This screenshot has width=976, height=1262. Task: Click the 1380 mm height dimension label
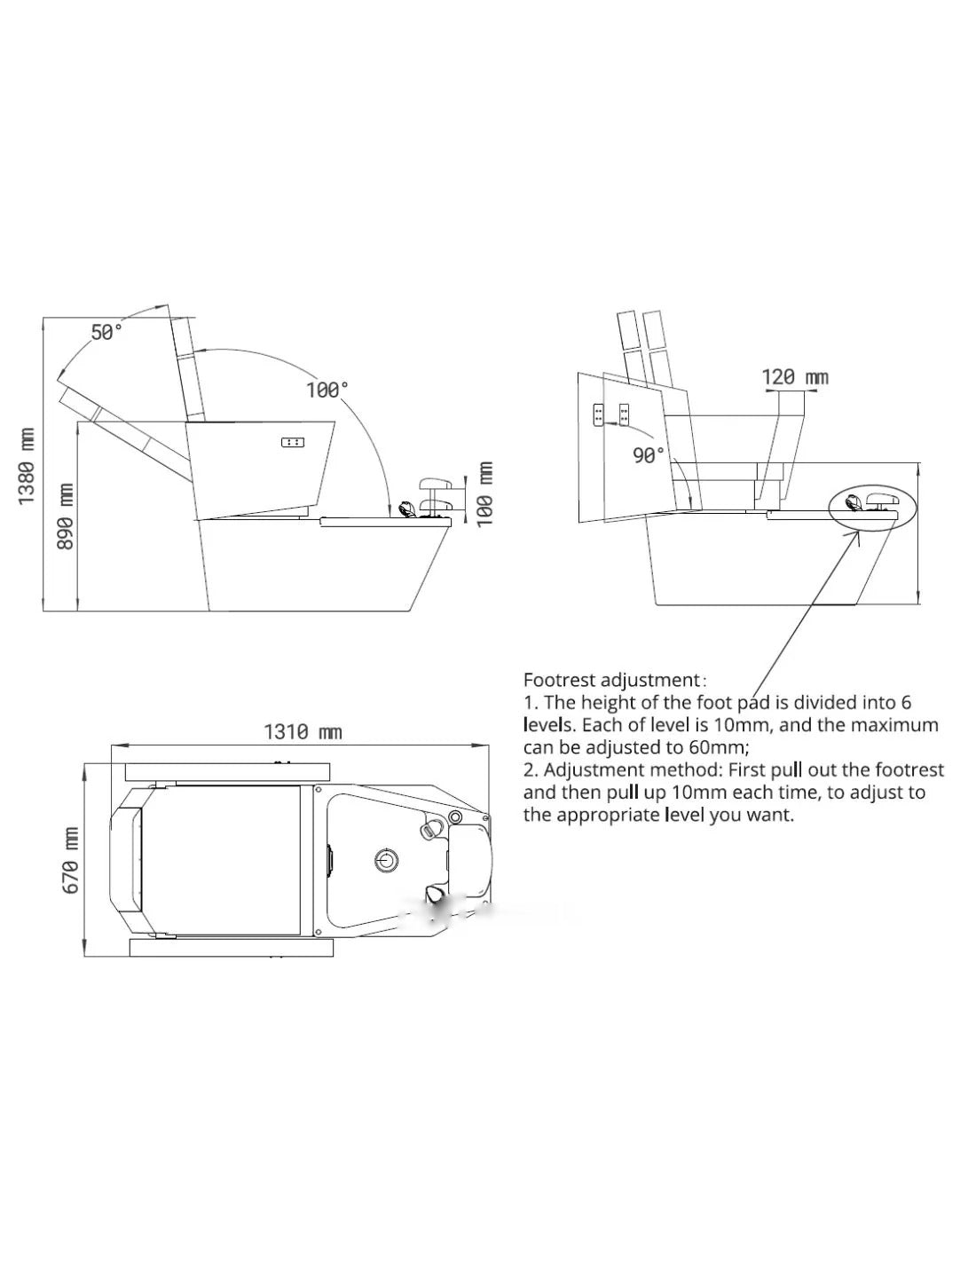pos(27,466)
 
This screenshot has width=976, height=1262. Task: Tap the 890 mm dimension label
pos(66,517)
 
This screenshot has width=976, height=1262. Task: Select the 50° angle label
pos(107,333)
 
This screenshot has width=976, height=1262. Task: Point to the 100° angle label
pos(327,390)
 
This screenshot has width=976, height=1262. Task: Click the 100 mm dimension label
pos(484,494)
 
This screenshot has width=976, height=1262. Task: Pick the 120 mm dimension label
pos(795,377)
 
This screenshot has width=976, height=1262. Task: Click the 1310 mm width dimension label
pos(303,732)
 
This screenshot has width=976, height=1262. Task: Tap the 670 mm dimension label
pos(70,861)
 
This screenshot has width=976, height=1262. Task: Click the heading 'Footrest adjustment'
pos(612,680)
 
